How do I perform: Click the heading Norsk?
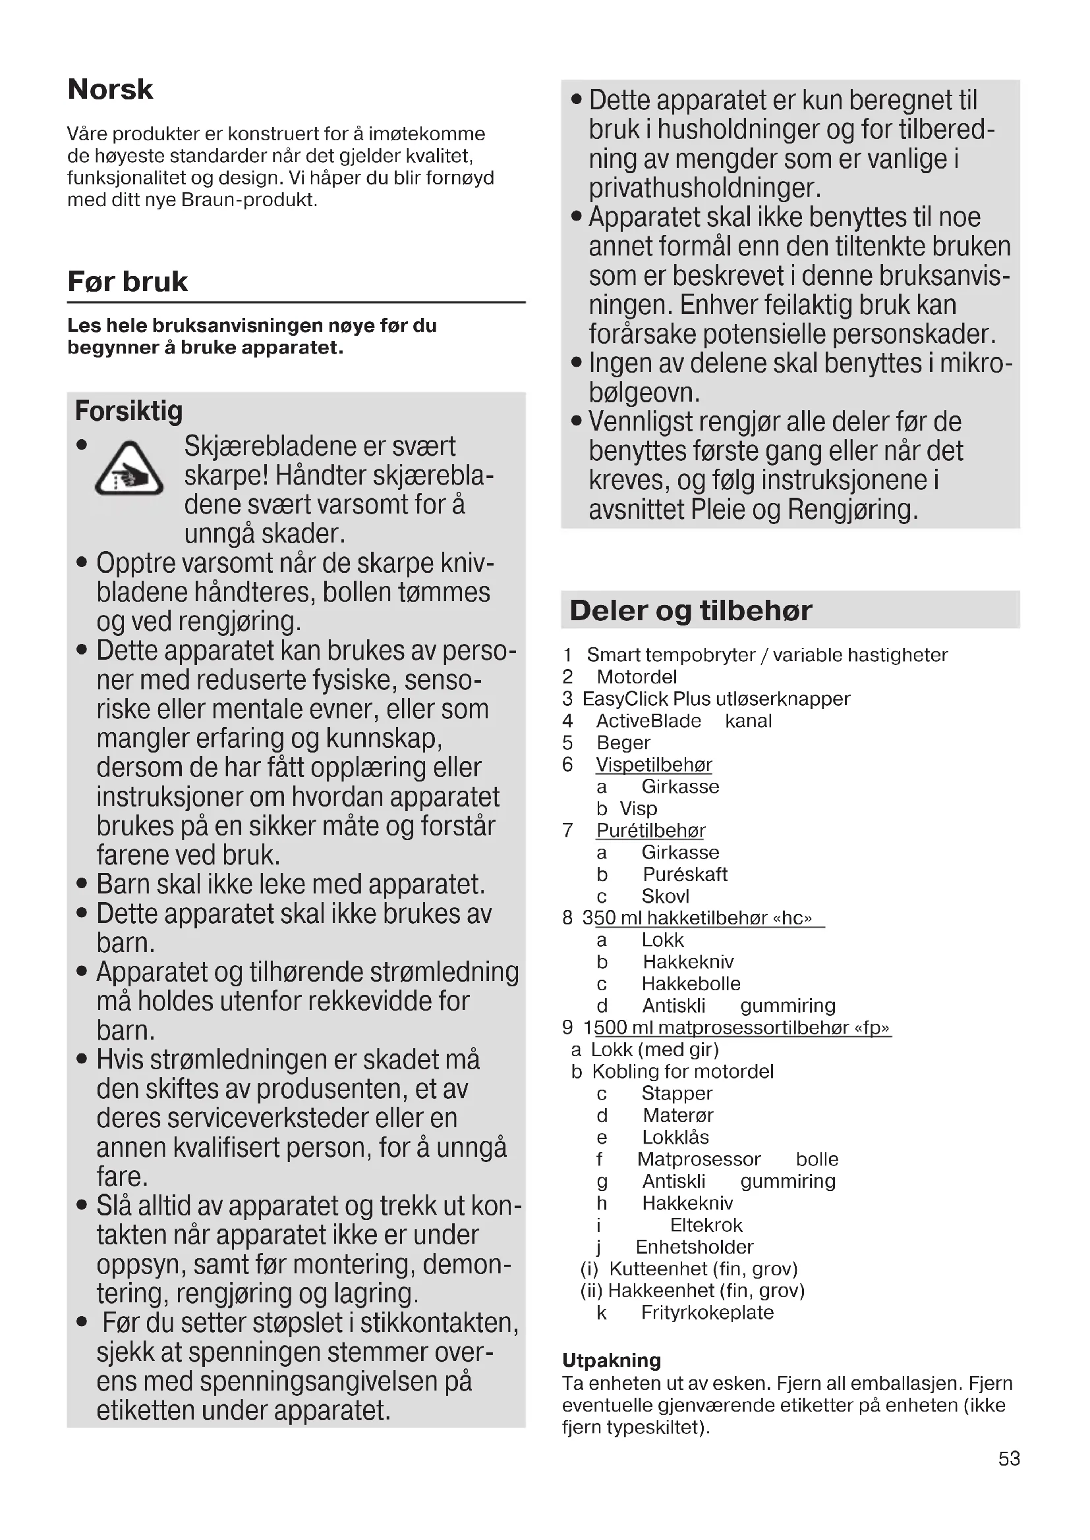pos(111,89)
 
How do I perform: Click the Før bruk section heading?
pos(128,281)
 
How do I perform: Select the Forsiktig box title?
pos(129,410)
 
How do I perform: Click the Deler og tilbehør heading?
pos(691,610)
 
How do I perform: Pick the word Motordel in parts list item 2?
pos(637,677)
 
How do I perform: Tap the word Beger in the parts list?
pos(623,743)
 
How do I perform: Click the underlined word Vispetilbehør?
pos(654,764)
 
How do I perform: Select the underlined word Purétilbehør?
pos(650,830)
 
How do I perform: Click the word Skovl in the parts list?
pos(665,896)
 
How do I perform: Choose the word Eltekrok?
pos(706,1225)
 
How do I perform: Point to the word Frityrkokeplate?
pos(707,1313)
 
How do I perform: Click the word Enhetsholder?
pos(694,1247)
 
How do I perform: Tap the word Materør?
pos(677,1115)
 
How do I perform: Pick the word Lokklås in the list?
pos(675,1137)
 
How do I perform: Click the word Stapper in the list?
pos(677,1094)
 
